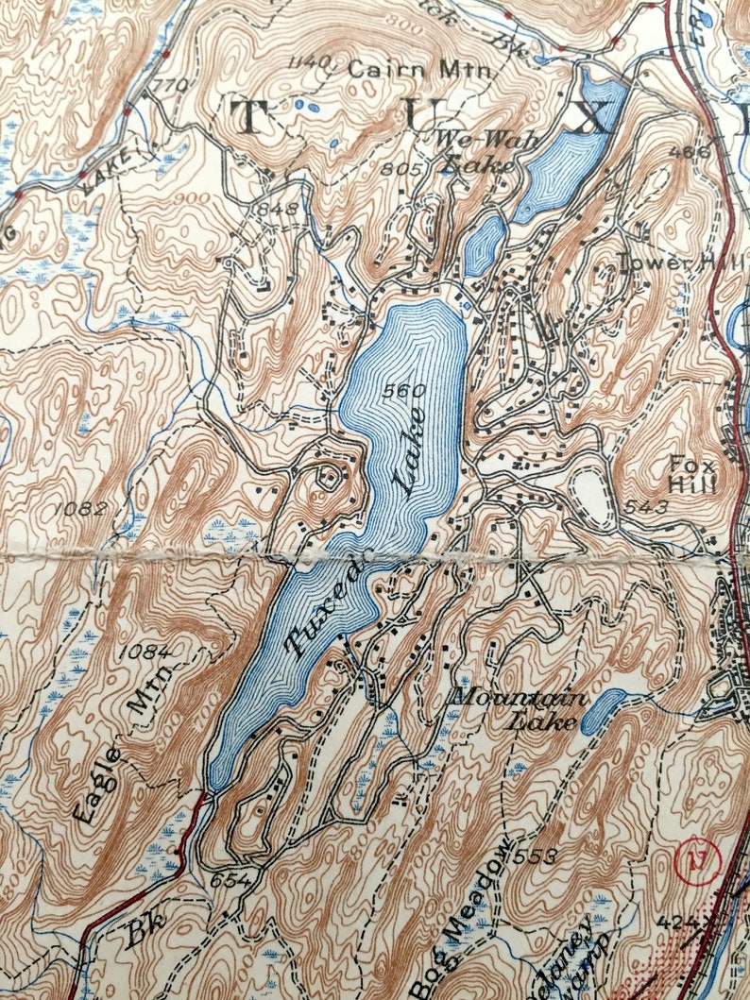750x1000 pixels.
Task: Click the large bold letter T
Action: pos(247,118)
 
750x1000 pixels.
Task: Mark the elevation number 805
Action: pos(401,168)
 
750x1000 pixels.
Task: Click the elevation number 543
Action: pos(645,508)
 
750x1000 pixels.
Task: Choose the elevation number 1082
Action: pos(80,508)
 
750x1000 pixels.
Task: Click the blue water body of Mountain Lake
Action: pos(602,711)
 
